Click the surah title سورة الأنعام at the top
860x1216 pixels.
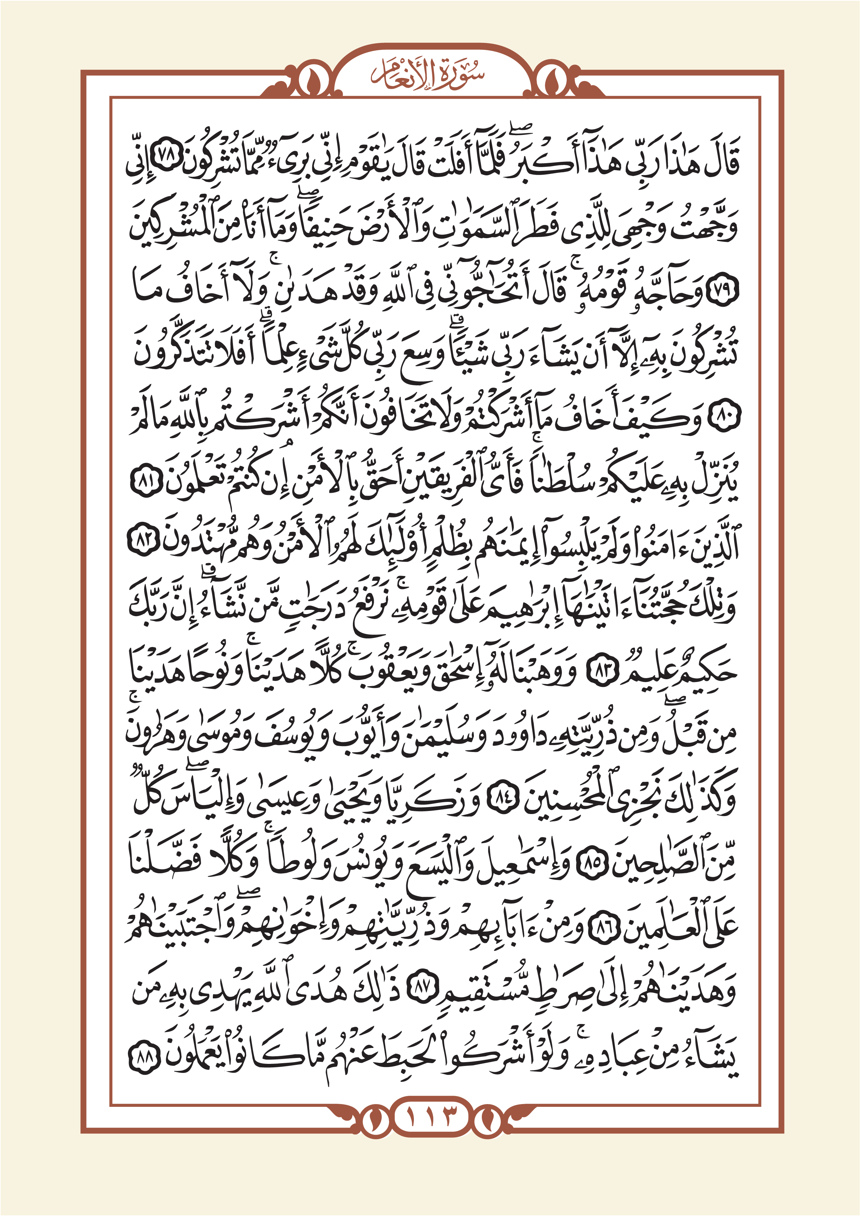[428, 74]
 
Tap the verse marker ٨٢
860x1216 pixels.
[144, 544]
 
